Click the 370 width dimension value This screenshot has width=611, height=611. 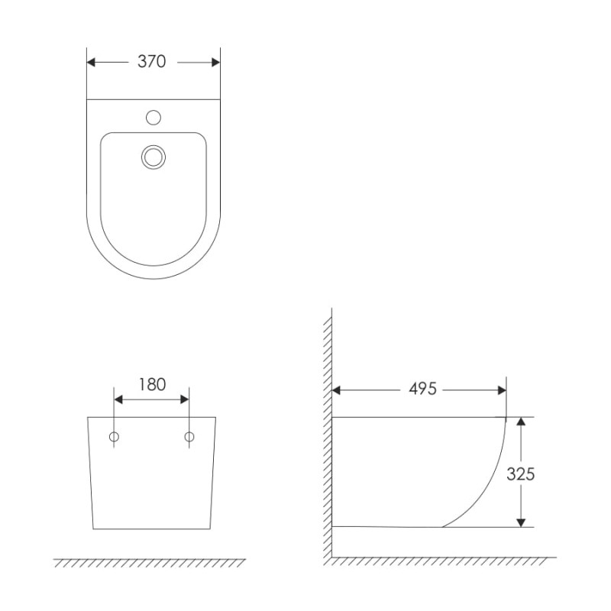(151, 62)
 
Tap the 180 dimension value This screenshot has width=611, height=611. (152, 385)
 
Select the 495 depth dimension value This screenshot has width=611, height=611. (423, 389)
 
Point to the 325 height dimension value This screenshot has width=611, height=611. (521, 474)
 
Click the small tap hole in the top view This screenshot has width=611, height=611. (154, 118)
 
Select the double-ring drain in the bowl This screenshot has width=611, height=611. (154, 157)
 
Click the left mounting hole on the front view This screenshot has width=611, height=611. (114, 437)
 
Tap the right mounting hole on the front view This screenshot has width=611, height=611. (189, 437)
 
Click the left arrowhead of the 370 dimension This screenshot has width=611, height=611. (91, 63)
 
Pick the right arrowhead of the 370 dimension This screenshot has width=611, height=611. (216, 63)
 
